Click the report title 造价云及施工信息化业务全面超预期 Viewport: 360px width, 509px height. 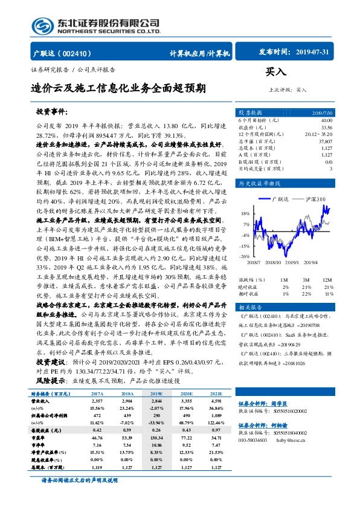click(118, 90)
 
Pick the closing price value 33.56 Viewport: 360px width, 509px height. click(326, 128)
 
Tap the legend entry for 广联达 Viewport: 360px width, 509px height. click(280, 198)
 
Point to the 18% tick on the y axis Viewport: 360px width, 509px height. click(245, 214)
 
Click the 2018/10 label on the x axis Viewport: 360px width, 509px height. click(273, 263)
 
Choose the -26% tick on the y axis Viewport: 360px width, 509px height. click(245, 257)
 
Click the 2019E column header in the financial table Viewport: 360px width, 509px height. click(155, 394)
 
